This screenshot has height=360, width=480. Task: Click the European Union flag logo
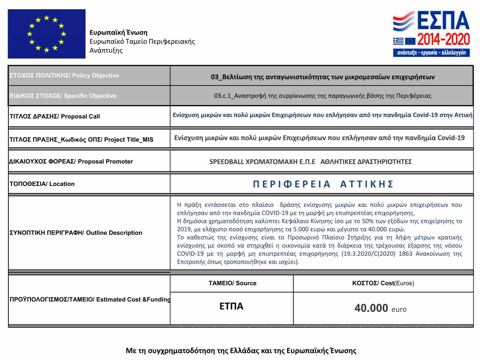tap(47, 34)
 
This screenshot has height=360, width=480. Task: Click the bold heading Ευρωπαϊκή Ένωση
tap(118, 32)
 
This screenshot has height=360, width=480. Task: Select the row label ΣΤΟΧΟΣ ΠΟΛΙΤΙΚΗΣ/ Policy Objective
tap(64, 75)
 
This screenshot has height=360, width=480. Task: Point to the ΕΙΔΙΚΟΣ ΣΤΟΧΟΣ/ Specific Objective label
tap(63, 96)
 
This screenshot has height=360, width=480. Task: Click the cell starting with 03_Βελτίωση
tap(322, 77)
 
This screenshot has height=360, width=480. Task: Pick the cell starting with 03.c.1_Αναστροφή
tap(322, 96)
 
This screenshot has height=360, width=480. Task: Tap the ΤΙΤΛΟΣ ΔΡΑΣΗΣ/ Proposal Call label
tap(55, 116)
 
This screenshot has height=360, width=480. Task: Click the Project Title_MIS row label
tap(81, 139)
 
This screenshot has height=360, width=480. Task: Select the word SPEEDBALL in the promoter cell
tap(226, 162)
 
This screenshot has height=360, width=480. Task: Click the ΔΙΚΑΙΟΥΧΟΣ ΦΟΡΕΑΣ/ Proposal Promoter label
tap(71, 162)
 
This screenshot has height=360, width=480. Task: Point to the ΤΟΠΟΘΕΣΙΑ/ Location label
tap(42, 184)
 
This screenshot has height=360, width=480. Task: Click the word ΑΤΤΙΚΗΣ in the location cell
tap(367, 184)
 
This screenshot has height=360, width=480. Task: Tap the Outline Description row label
tap(76, 233)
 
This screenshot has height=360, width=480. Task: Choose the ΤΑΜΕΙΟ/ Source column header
tap(232, 283)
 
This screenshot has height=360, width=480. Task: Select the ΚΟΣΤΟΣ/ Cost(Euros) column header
tap(383, 283)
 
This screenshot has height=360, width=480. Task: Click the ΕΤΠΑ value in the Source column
tap(231, 306)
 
